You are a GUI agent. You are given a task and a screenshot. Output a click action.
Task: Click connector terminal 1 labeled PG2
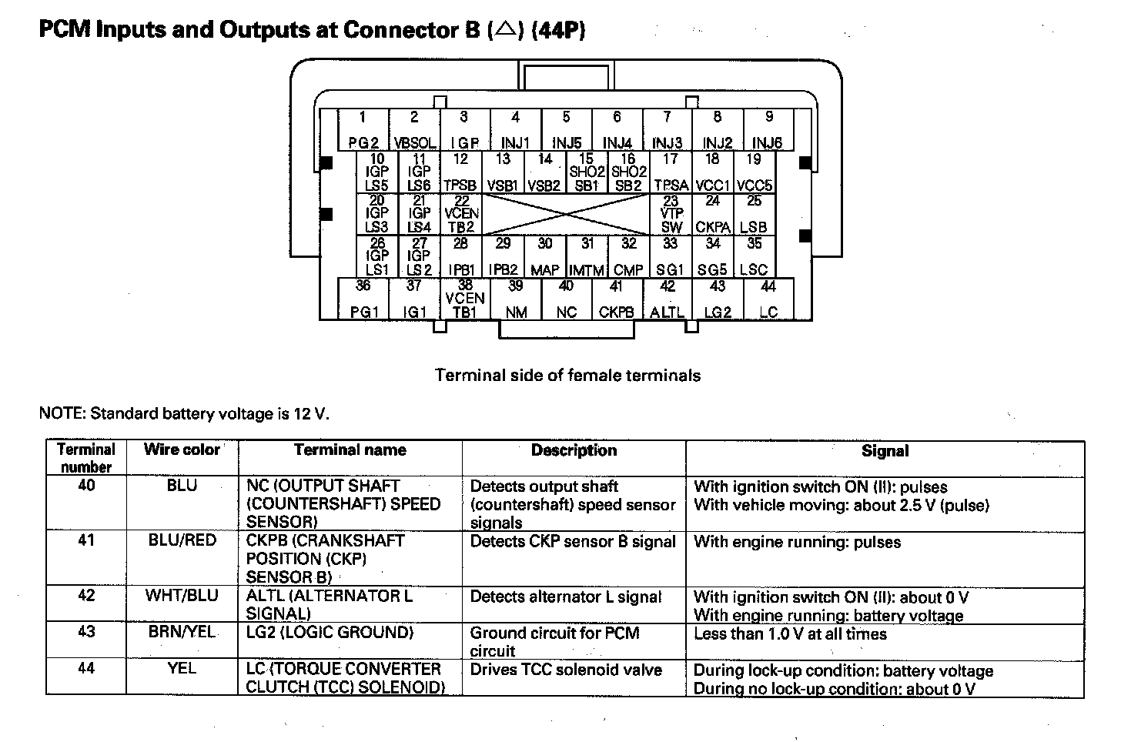tap(363, 130)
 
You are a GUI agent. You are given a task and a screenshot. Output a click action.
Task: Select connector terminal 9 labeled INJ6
tap(768, 130)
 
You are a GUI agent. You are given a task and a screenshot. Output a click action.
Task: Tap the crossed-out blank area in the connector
tap(566, 214)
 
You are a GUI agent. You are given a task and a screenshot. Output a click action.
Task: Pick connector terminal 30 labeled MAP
tap(545, 257)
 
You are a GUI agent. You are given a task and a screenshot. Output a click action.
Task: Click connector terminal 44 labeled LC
tap(768, 299)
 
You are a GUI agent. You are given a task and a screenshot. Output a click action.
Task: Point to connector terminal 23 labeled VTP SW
tap(671, 214)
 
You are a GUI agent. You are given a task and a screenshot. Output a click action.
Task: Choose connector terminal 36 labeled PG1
tap(363, 299)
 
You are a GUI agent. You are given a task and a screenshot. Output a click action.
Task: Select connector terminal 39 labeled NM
tap(516, 299)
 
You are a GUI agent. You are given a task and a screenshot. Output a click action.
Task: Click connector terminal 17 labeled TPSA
tap(671, 172)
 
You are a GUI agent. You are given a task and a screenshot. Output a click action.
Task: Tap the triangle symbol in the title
tap(505, 30)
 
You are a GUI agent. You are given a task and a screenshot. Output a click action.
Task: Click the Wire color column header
tap(182, 450)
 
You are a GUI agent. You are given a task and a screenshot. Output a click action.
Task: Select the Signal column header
tap(885, 452)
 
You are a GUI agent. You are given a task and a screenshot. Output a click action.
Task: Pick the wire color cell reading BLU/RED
tap(182, 541)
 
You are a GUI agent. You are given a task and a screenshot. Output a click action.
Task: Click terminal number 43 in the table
tap(86, 632)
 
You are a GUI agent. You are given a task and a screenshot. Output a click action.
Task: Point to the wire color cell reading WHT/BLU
tap(182, 596)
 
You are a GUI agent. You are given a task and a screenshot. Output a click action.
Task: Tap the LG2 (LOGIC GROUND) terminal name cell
tap(330, 633)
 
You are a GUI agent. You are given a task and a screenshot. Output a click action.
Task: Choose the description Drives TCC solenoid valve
tap(566, 670)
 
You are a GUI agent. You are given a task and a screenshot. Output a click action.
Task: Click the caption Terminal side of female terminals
tap(567, 376)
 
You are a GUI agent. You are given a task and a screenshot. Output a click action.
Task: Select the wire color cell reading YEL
tap(182, 669)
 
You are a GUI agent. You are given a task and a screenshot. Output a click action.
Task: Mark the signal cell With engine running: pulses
tap(797, 542)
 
